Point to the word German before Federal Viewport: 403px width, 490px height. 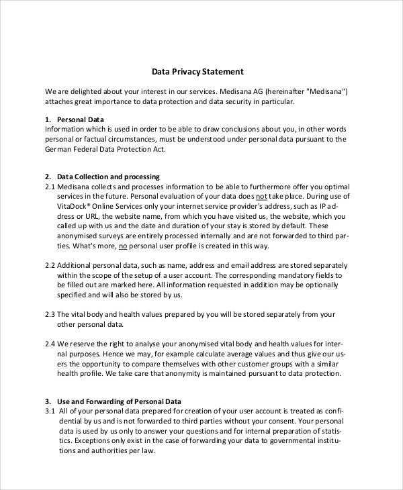click(60, 149)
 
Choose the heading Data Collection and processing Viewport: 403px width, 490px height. click(108, 177)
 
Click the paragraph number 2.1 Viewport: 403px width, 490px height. click(50, 187)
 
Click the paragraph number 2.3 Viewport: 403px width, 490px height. click(50, 314)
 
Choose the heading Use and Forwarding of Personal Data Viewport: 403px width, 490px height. click(119, 401)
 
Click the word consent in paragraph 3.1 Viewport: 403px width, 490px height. click(281, 421)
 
